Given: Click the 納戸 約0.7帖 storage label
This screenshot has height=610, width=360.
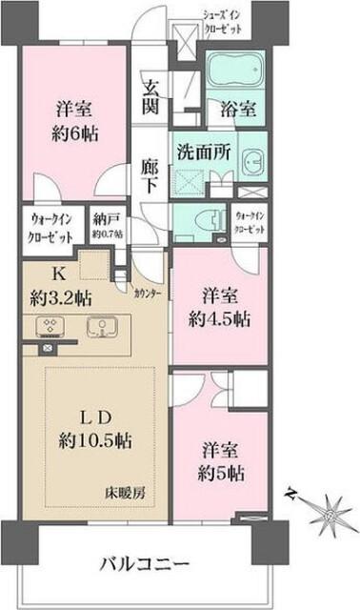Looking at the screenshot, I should (108, 226).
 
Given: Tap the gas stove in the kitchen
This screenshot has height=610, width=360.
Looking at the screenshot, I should (50, 326).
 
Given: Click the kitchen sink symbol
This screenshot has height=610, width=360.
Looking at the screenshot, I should (100, 326).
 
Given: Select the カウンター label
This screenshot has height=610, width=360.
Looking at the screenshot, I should (147, 294).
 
